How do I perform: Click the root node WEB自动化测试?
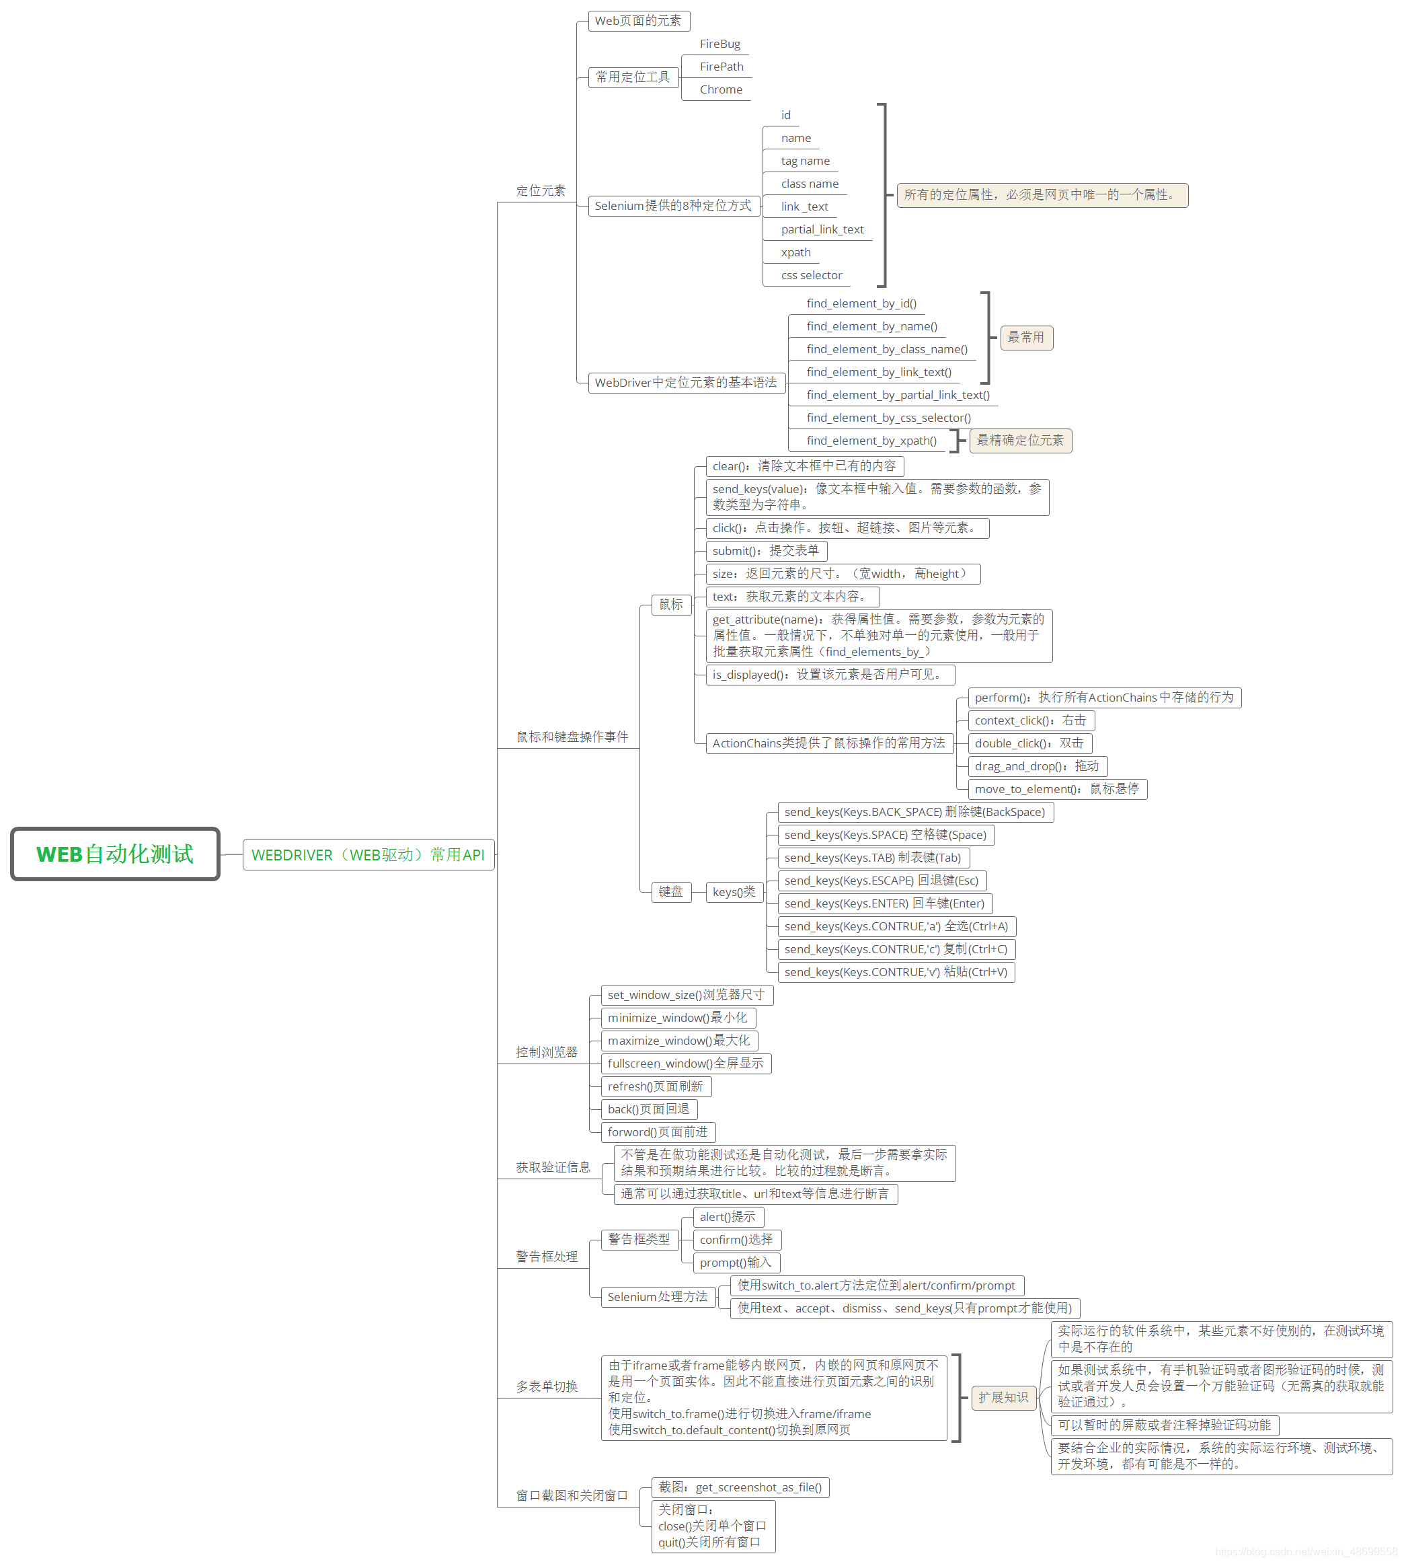pos(115,854)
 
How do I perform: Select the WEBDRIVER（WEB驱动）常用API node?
pos(368,855)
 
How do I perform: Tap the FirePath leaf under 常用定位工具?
pos(721,67)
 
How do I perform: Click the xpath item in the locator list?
pos(795,252)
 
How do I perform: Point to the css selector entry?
pos(811,275)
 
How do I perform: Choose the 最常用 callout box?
pos(1026,337)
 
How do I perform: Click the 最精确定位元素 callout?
pos(1020,441)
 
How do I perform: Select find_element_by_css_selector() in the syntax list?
pos(889,418)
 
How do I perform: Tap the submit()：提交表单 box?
pos(766,551)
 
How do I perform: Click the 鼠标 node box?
pos(671,605)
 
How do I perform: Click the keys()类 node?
pos(734,892)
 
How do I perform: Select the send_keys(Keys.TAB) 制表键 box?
pos(873,858)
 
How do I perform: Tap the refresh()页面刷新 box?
pos(656,1086)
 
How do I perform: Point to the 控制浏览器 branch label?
pos(546,1053)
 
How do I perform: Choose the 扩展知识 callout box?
pos(1003,1397)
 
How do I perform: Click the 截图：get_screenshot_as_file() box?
pos(740,1487)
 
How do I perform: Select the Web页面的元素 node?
pos(639,21)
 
